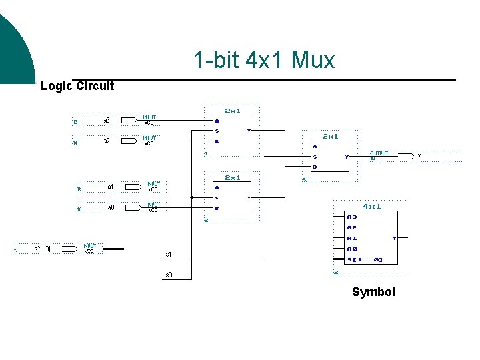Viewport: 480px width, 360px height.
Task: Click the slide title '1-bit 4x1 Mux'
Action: coord(264,61)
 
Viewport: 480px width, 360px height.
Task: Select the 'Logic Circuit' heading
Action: coord(77,86)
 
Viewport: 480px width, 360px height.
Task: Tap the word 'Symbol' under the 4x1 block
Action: coord(373,292)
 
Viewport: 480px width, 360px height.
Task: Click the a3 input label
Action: coord(106,121)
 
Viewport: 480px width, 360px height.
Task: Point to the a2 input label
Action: coord(106,141)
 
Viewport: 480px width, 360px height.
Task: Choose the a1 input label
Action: coord(111,187)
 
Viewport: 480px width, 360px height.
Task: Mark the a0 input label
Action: coord(111,208)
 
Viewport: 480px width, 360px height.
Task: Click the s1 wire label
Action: coord(169,255)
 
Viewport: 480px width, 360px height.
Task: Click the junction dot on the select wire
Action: coord(191,197)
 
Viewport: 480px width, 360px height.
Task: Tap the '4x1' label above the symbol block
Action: coord(371,206)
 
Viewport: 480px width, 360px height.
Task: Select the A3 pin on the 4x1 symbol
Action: coord(351,217)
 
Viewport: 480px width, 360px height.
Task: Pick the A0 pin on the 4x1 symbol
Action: coord(351,249)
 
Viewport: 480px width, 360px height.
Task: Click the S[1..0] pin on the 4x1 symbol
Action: coord(365,259)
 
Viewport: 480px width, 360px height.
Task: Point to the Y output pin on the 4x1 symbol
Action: coord(394,238)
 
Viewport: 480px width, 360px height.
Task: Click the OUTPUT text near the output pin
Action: coord(379,153)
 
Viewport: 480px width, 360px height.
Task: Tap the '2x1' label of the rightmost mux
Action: coord(330,136)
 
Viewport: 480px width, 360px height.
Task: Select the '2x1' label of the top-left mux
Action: coord(233,110)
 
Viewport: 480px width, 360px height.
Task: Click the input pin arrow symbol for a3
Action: coord(134,121)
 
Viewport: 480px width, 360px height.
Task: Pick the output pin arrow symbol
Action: coord(403,155)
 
